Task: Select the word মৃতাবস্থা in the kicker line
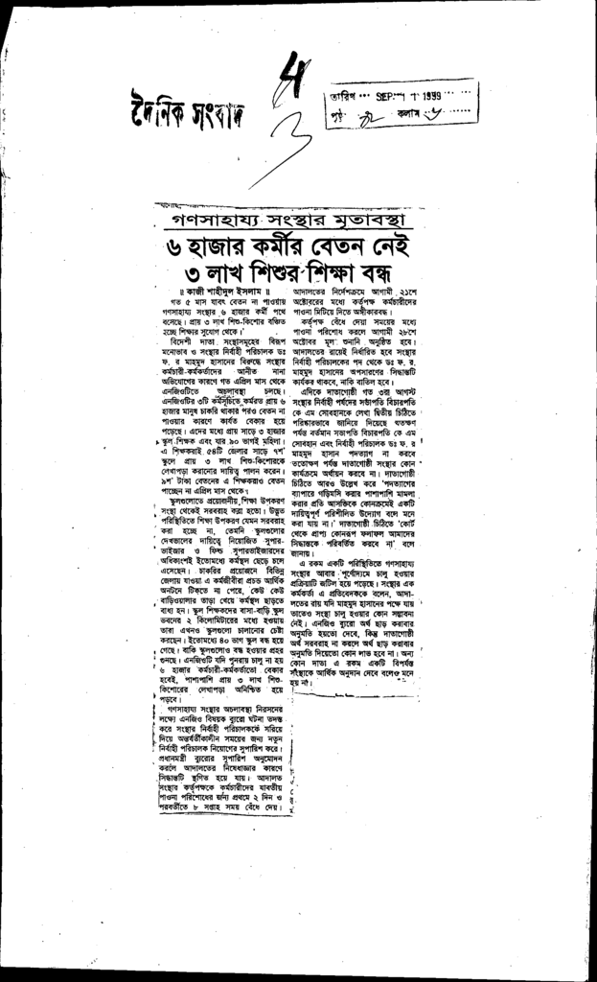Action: pos(365,217)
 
